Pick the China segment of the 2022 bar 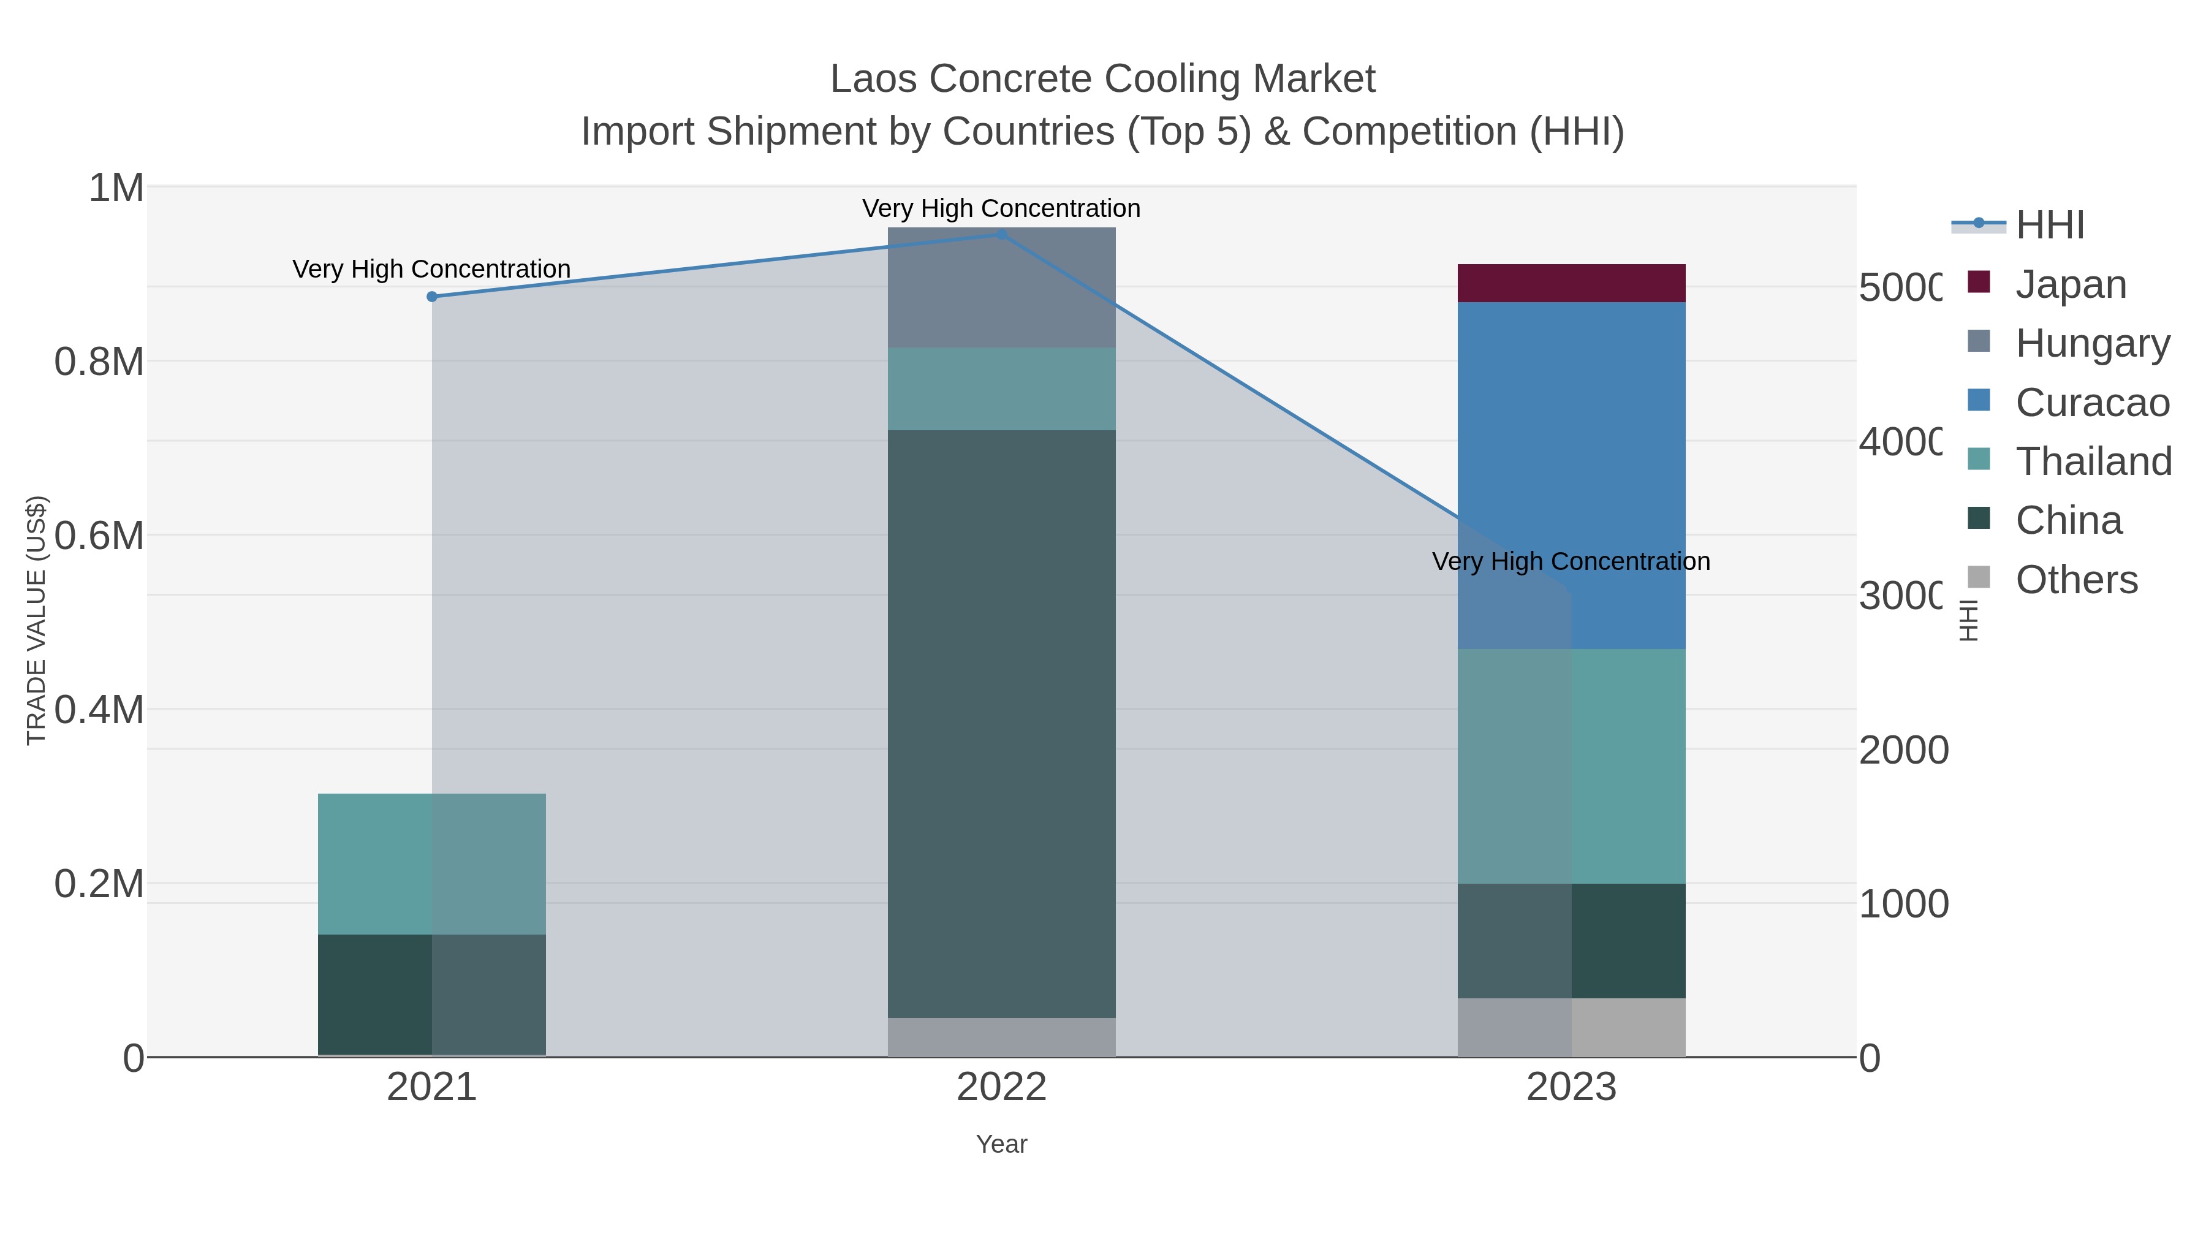1001,724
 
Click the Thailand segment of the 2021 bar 431,863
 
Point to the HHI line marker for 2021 431,297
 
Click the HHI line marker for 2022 1001,234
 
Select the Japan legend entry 2071,284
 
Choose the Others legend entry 2076,579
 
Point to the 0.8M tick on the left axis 99,362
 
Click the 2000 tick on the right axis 1903,750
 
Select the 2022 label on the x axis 1001,1087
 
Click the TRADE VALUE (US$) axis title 36,620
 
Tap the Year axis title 1001,1144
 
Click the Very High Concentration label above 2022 1001,208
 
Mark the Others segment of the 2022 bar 1001,1036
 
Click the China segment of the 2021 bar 431,995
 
